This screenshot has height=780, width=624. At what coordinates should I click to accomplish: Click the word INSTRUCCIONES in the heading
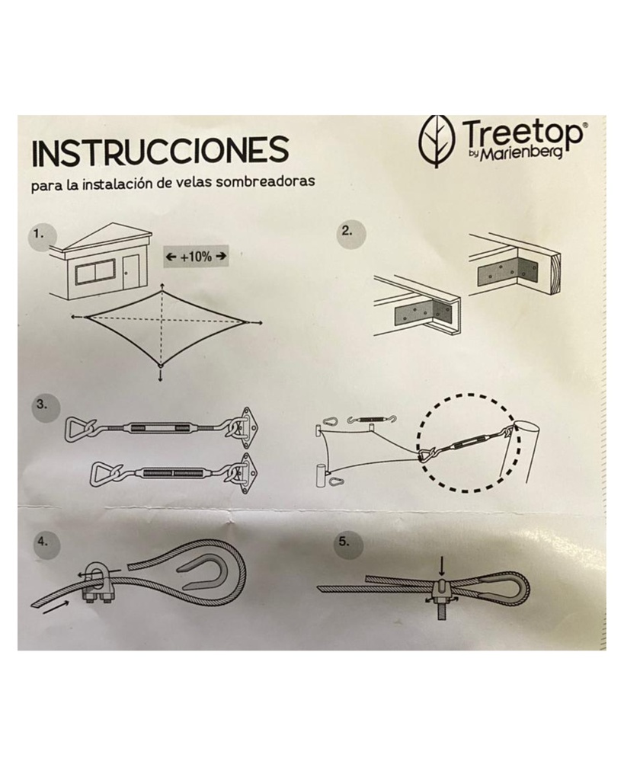[x=160, y=152]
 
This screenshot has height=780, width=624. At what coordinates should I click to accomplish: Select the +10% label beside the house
[x=197, y=257]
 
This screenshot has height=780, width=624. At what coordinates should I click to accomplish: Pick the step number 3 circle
[x=43, y=405]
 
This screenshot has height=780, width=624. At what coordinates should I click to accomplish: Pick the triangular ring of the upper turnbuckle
[x=78, y=428]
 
